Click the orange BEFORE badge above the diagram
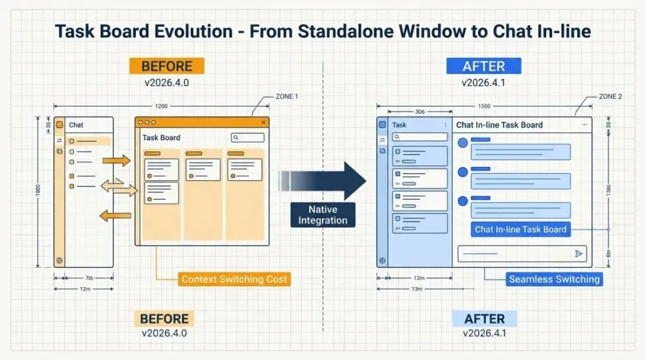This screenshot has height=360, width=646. [x=167, y=66]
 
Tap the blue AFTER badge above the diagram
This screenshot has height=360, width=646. [x=483, y=66]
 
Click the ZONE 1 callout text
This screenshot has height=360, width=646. [x=287, y=96]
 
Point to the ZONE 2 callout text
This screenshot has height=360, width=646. [x=610, y=96]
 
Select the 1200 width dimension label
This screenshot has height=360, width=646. [x=161, y=106]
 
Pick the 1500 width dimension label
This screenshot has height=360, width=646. [x=484, y=106]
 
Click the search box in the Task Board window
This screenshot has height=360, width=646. [x=248, y=138]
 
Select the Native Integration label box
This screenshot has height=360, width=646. [x=323, y=215]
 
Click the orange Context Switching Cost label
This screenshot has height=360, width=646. [x=234, y=279]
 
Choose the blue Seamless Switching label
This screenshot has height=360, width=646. [x=554, y=279]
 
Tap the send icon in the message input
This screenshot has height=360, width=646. [x=579, y=254]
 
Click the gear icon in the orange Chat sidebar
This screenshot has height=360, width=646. [x=59, y=260]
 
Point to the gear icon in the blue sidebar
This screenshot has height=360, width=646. [x=382, y=261]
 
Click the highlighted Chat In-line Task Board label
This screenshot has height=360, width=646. [x=520, y=229]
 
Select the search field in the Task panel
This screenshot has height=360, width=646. [x=420, y=137]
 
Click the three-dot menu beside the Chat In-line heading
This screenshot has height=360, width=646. [x=584, y=125]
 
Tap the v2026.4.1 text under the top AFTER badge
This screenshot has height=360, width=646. [x=483, y=83]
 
